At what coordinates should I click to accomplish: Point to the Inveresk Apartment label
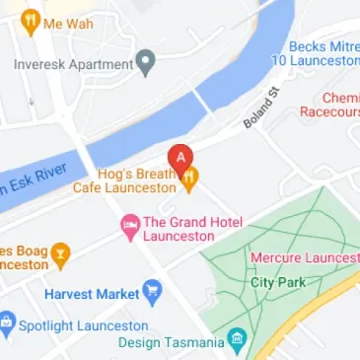pyautogui.click(x=73, y=64)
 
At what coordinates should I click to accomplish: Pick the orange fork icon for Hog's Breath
pyautogui.click(x=189, y=178)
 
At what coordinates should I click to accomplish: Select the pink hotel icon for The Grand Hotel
pyautogui.click(x=129, y=228)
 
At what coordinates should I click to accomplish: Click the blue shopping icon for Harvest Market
pyautogui.click(x=151, y=292)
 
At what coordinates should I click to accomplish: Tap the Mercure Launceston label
pyautogui.click(x=305, y=257)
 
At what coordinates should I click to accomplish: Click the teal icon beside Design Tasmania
pyautogui.click(x=237, y=342)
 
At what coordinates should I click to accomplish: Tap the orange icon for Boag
pyautogui.click(x=61, y=256)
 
